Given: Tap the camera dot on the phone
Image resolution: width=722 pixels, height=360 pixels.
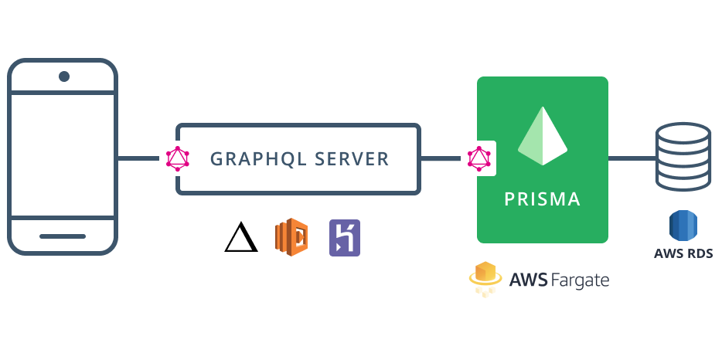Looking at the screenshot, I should tap(64, 76).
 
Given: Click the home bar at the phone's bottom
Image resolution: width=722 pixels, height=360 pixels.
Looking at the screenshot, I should tap(63, 236).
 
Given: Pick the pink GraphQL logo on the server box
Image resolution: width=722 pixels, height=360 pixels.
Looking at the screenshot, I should tap(178, 158).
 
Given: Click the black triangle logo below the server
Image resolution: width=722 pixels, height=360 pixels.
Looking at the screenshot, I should tap(240, 237).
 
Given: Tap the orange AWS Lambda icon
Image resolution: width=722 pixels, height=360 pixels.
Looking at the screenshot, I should tap(291, 237).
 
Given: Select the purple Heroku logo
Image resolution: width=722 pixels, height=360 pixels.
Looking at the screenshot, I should tap(344, 237).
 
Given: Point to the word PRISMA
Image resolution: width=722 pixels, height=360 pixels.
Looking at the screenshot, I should tap(542, 199).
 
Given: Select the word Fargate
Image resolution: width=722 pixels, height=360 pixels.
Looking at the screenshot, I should tap(580, 280).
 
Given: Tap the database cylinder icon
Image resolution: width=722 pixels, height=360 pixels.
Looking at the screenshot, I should tap(682, 158).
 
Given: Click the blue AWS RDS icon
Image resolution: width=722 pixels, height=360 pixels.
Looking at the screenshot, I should tap(683, 226).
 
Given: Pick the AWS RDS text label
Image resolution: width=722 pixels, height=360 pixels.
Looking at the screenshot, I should tap(683, 253).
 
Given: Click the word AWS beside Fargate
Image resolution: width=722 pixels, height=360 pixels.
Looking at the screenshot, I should tap(528, 280).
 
